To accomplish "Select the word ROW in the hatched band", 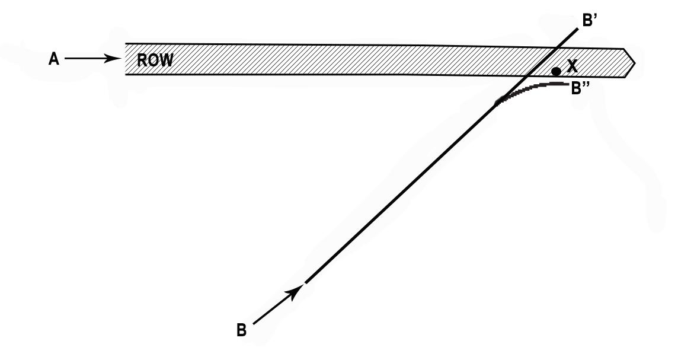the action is tap(155, 60).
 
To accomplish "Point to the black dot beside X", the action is tap(556, 71).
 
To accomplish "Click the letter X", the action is tap(572, 66).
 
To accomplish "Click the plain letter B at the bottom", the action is tap(241, 330).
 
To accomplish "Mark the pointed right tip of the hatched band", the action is tap(635, 62).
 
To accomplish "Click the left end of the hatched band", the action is tap(126, 59).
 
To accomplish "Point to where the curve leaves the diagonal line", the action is tap(498, 103).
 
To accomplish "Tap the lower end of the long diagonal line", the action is tap(306, 282).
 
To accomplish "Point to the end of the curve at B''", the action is tap(567, 84).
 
